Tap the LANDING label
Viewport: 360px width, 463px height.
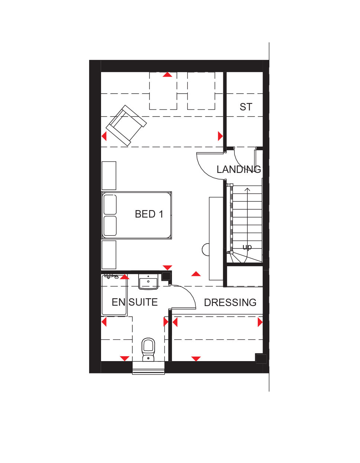click(x=239, y=169)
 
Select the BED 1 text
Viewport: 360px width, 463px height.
click(x=149, y=214)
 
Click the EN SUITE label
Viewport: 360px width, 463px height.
click(x=135, y=302)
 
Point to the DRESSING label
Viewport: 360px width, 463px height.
click(x=230, y=303)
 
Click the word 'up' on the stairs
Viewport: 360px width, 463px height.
click(x=247, y=247)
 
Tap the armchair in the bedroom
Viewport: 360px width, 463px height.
click(x=126, y=125)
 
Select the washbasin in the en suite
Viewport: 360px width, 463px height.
click(x=148, y=282)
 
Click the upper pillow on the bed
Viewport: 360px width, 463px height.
click(x=110, y=204)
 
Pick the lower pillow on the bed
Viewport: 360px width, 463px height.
click(x=110, y=226)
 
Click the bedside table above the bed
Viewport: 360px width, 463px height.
click(x=109, y=176)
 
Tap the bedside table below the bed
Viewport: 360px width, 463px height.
click(x=109, y=255)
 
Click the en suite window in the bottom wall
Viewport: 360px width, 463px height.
click(x=149, y=367)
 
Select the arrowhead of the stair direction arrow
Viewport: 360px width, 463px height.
click(x=247, y=189)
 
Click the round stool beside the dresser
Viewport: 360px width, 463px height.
click(x=205, y=250)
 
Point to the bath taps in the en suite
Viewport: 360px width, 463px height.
click(x=112, y=277)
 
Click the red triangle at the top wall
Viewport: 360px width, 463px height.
click(x=168, y=74)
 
